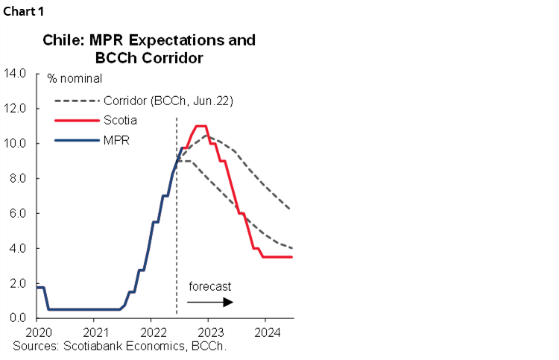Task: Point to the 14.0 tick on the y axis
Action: point(16,73)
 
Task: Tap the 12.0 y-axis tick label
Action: point(16,108)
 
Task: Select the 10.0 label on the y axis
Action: point(16,143)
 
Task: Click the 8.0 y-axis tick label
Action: point(19,178)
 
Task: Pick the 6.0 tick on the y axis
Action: point(19,213)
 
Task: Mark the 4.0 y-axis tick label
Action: point(19,248)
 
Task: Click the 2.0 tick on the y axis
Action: point(19,283)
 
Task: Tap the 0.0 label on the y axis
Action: point(19,318)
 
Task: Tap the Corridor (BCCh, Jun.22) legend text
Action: point(168,101)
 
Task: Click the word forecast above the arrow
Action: point(209,286)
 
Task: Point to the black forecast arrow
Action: point(210,302)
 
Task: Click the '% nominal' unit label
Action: point(75,78)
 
